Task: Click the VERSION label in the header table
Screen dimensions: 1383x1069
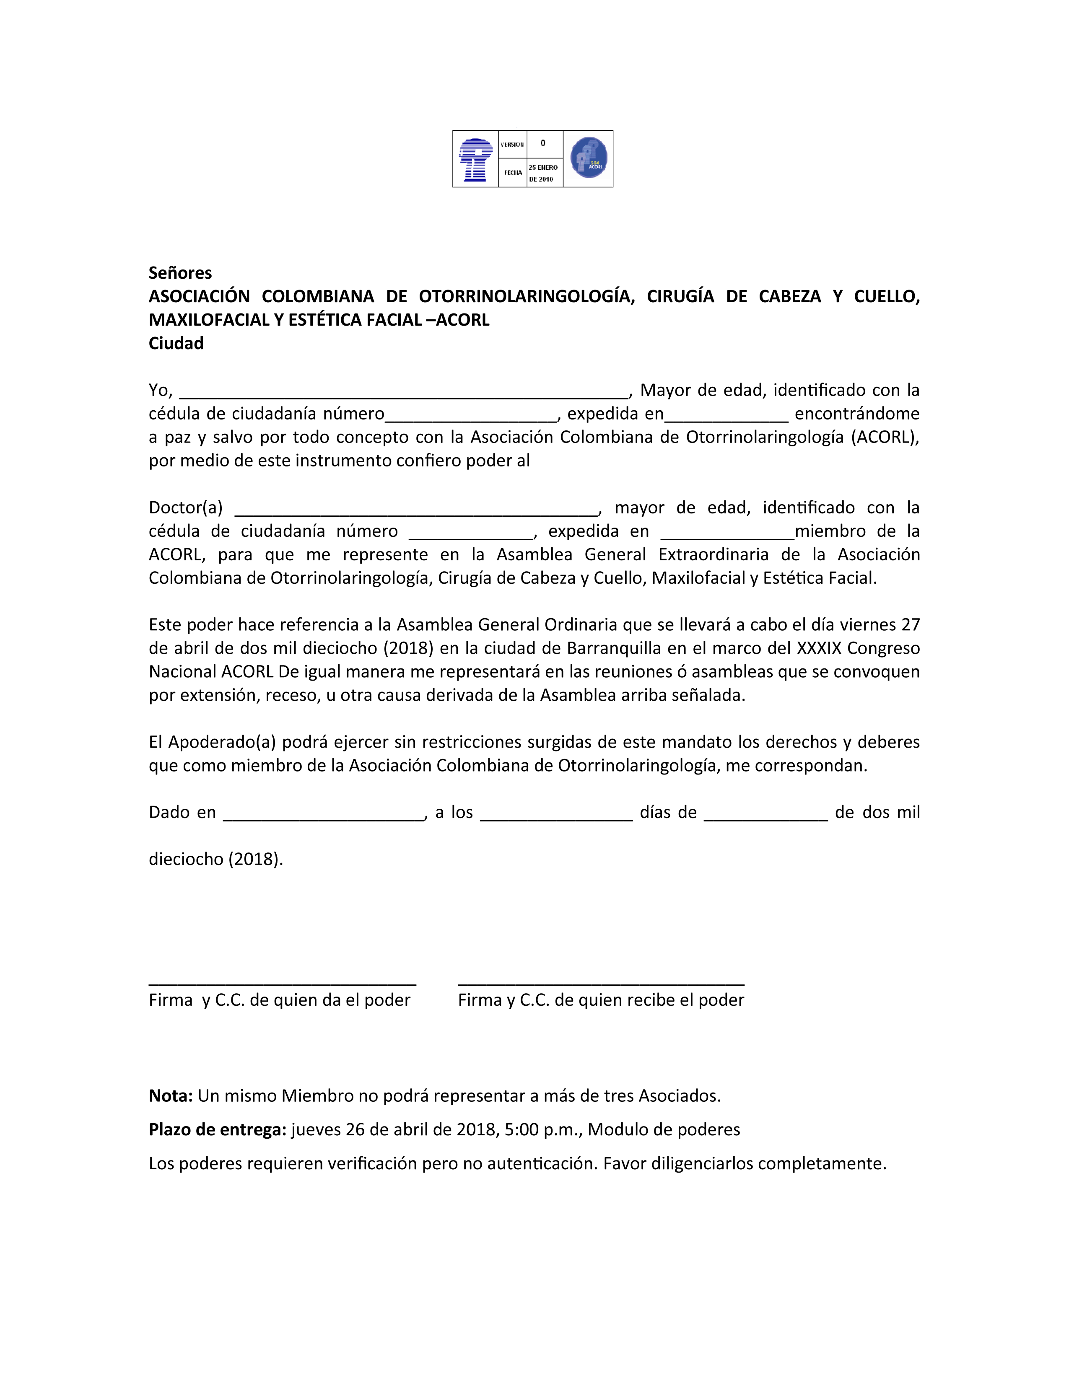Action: [x=512, y=145]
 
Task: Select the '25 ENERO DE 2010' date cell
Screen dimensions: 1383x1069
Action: [x=544, y=173]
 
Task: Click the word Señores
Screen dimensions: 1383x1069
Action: [x=180, y=273]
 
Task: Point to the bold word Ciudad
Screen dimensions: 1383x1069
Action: [x=176, y=343]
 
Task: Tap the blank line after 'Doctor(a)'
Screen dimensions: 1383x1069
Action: [x=416, y=512]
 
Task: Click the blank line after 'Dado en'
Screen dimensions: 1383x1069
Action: [x=324, y=816]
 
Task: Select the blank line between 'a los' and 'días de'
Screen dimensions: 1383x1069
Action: [x=556, y=816]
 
